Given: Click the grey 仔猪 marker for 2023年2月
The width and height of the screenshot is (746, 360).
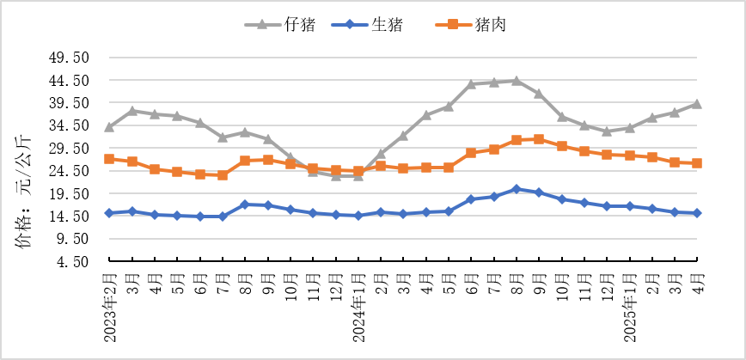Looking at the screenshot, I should (109, 127).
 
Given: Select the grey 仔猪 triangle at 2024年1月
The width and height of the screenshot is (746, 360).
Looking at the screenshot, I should (358, 175).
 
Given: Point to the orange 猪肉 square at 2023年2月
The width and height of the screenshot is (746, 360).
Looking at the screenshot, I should (109, 159).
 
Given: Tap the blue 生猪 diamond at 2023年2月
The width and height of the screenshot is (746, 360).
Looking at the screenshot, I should (109, 213).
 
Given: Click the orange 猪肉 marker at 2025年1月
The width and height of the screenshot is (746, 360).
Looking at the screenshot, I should (629, 156).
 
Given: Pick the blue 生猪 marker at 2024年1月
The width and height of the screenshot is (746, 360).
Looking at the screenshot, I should (358, 216).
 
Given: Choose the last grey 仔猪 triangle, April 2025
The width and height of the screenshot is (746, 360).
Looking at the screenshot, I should (697, 104).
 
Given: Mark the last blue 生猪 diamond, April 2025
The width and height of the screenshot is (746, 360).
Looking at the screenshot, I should (697, 213).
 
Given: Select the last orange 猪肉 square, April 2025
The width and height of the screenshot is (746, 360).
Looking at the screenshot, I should (697, 163).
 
